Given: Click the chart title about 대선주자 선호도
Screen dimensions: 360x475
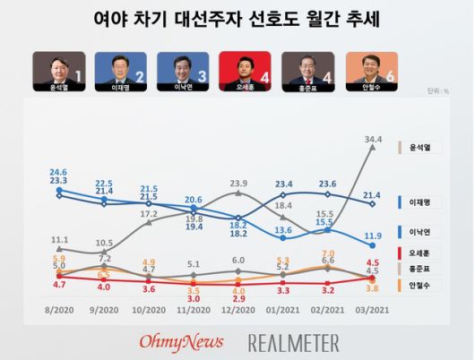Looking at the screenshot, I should pyautogui.click(x=237, y=19).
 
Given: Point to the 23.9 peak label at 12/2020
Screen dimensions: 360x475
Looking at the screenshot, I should pyautogui.click(x=238, y=184).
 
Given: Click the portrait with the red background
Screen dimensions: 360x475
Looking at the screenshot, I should pyautogui.click(x=237, y=67).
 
